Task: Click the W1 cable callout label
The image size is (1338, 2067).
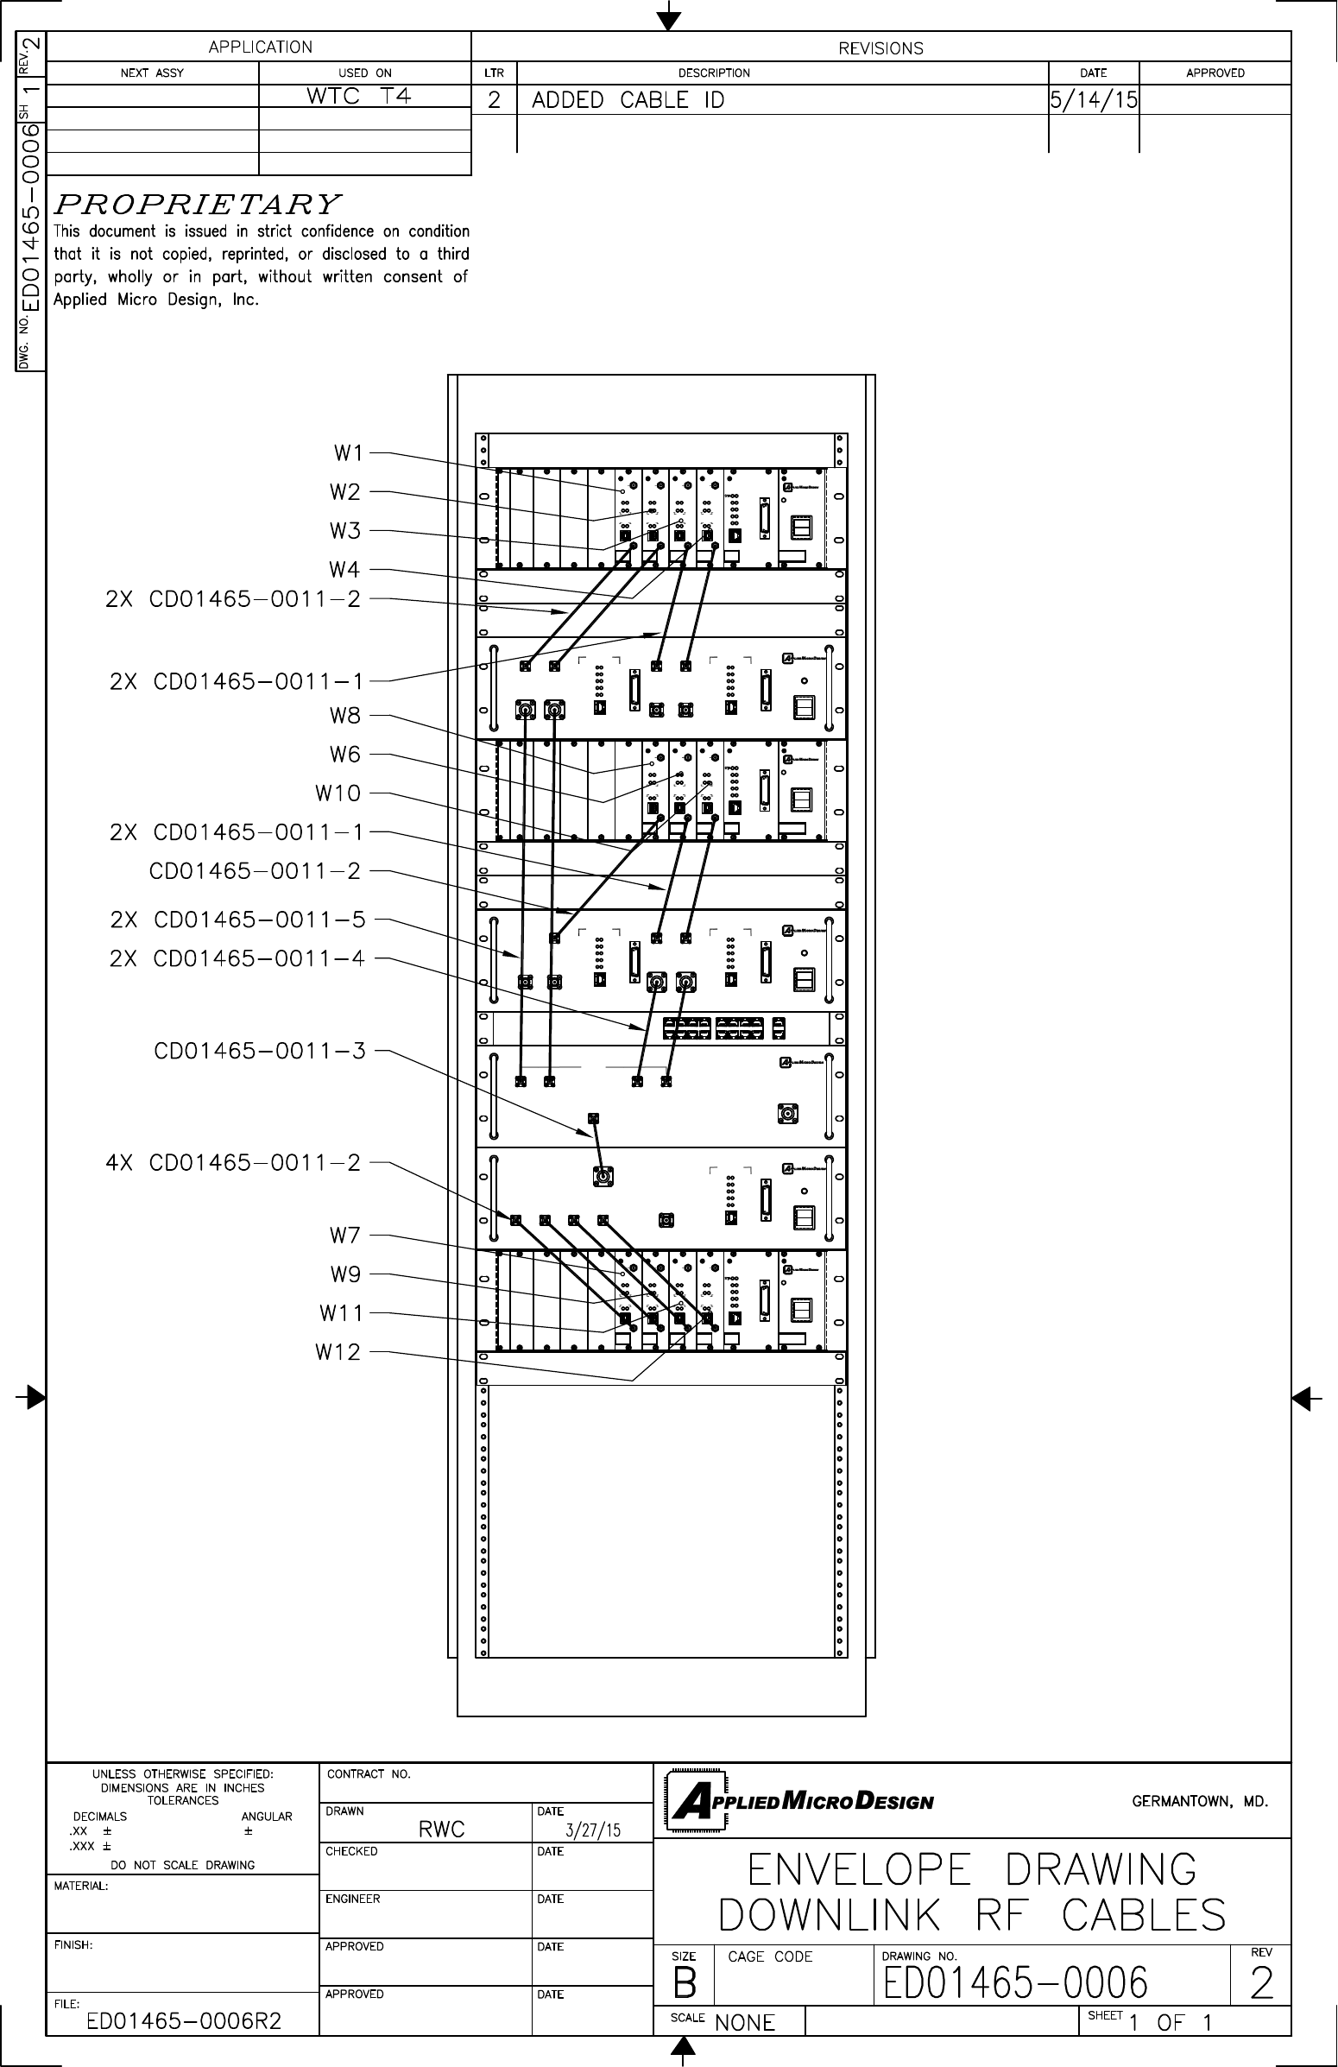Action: [347, 453]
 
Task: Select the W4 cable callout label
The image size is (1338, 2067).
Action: [344, 570]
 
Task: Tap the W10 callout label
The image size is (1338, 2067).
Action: [338, 793]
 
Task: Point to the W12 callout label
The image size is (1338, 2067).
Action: [338, 1352]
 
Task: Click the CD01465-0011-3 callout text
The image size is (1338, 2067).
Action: [260, 1051]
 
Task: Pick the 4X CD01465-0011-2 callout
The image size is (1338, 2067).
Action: [233, 1163]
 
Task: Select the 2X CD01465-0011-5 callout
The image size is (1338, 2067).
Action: [238, 920]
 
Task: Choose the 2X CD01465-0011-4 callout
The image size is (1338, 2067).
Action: [238, 958]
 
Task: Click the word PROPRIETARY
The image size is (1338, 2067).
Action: [197, 205]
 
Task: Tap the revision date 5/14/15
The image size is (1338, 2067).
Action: [1093, 101]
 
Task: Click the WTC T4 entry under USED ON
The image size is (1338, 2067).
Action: [358, 97]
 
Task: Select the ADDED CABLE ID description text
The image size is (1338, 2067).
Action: [628, 101]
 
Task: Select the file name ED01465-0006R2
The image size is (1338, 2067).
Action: [184, 2022]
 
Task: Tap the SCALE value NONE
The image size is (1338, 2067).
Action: [745, 2023]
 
